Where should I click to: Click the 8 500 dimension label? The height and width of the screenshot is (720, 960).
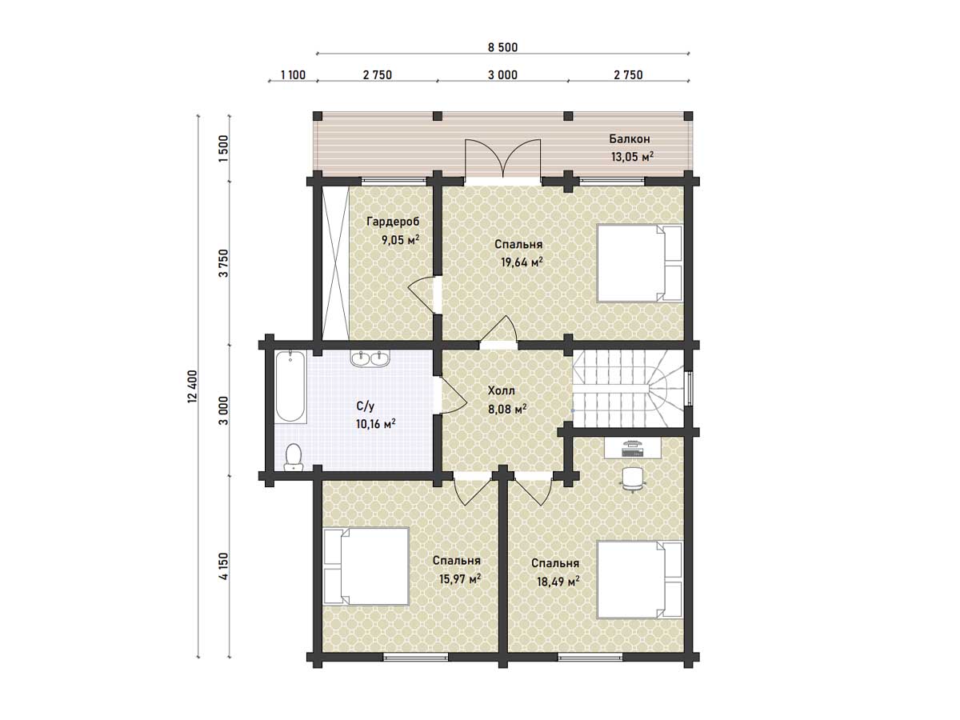pos(502,47)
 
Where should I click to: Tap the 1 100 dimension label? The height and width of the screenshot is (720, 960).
pos(293,75)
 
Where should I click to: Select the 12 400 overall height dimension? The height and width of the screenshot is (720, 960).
pos(193,386)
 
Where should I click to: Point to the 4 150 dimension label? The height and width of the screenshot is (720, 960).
pos(223,566)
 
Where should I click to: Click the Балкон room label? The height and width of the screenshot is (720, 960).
pos(630,139)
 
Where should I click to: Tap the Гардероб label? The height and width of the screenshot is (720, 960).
pos(393,222)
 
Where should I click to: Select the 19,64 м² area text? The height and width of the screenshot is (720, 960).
pos(522,262)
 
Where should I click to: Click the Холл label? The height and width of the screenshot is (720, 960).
pos(502,390)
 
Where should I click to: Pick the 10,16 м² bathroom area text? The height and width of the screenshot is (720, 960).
pos(376,424)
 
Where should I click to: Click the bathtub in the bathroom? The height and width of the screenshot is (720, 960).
pos(290,386)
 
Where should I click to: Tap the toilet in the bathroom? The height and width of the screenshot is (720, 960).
pos(293,458)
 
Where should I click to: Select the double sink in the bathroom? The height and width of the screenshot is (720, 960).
pos(370,358)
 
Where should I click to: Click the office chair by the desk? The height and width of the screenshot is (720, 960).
pos(633,479)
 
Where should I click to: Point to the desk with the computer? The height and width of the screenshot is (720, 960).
pos(633,449)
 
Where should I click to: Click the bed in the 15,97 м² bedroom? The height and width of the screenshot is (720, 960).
pos(366,566)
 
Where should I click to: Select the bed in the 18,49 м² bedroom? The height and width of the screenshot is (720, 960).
pos(640,579)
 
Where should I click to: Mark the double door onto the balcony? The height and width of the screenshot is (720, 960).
pos(502,159)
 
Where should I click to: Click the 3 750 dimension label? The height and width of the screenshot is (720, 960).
pos(223,263)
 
